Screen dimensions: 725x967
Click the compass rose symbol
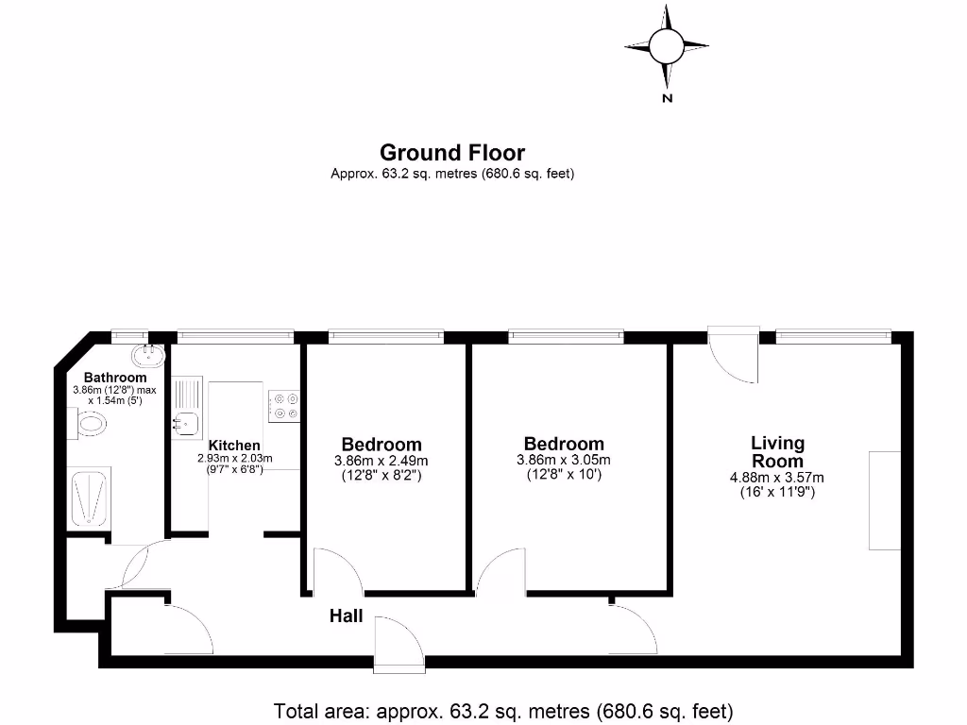(666, 44)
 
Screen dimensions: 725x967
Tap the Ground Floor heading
(452, 153)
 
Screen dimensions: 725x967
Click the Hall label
(346, 616)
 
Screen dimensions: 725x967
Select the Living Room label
(778, 452)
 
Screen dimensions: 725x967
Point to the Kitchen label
(234, 446)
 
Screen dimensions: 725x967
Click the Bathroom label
(115, 378)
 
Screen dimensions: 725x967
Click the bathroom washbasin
(149, 356)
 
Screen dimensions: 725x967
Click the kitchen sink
(183, 423)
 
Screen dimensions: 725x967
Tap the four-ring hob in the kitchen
(284, 406)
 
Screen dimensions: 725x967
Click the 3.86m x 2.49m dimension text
(382, 461)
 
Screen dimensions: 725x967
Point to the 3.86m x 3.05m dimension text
(564, 460)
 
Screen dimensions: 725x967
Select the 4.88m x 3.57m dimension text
(777, 478)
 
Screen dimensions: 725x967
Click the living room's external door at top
(734, 354)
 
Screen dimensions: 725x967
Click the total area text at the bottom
(503, 711)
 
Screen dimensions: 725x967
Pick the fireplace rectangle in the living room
(885, 500)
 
